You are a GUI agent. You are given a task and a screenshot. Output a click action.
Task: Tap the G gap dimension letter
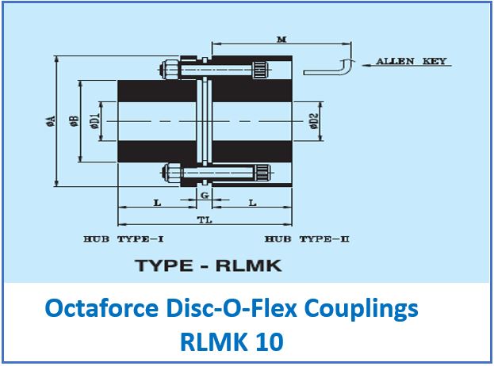tap(205, 195)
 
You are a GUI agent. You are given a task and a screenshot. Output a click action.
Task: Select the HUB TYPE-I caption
tap(123, 238)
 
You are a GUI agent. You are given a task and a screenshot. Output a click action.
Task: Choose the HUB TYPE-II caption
tap(307, 238)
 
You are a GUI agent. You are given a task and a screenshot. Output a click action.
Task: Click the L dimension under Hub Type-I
tap(157, 203)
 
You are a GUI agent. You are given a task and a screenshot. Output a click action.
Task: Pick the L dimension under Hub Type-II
tap(252, 203)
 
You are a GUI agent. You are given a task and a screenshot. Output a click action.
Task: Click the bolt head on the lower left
tap(169, 170)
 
